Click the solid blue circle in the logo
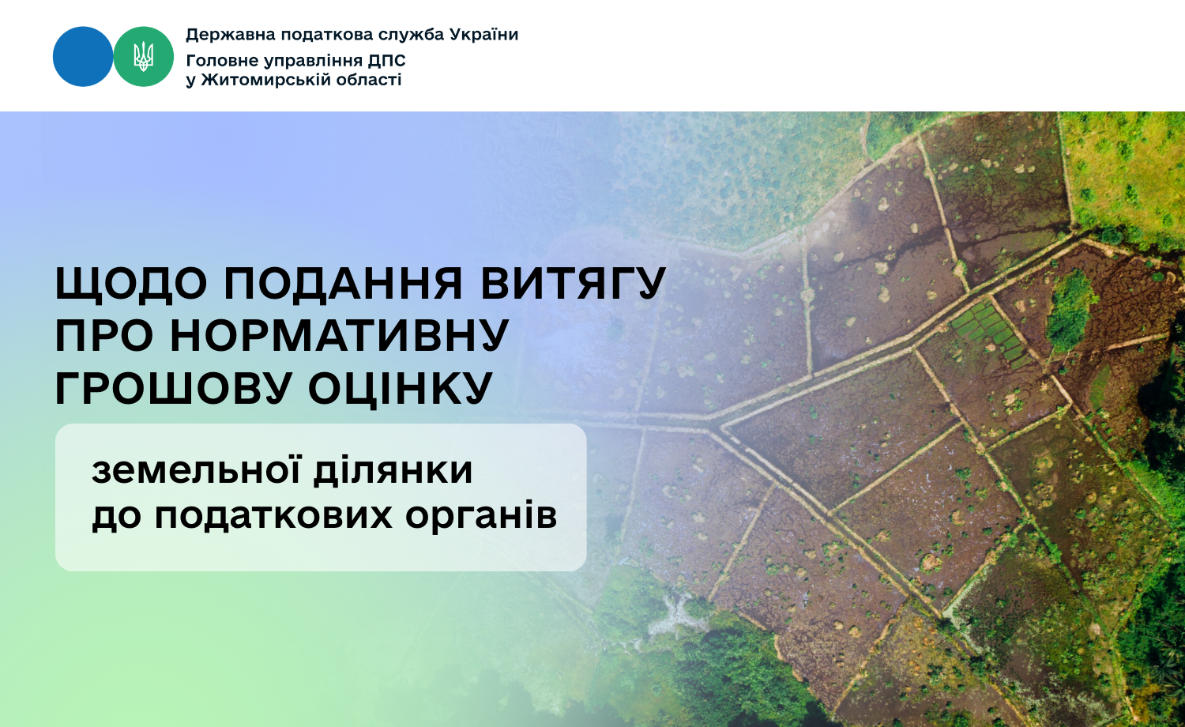pyautogui.click(x=83, y=57)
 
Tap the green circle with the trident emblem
pyautogui.click(x=143, y=57)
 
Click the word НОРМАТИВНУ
pyautogui.click(x=340, y=336)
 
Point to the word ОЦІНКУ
pyautogui.click(x=401, y=389)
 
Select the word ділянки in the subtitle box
pyautogui.click(x=393, y=470)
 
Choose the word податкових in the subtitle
pyautogui.click(x=273, y=514)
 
